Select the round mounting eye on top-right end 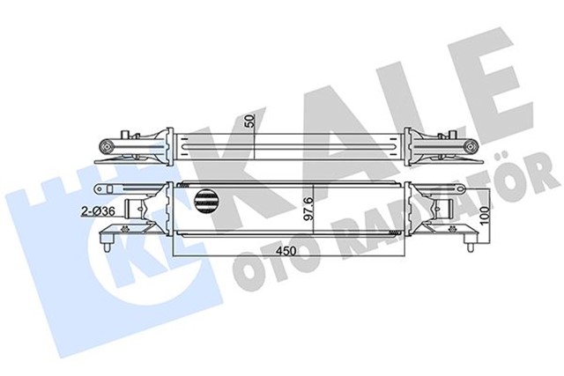coord(472,144)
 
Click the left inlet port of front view coord(139,211)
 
